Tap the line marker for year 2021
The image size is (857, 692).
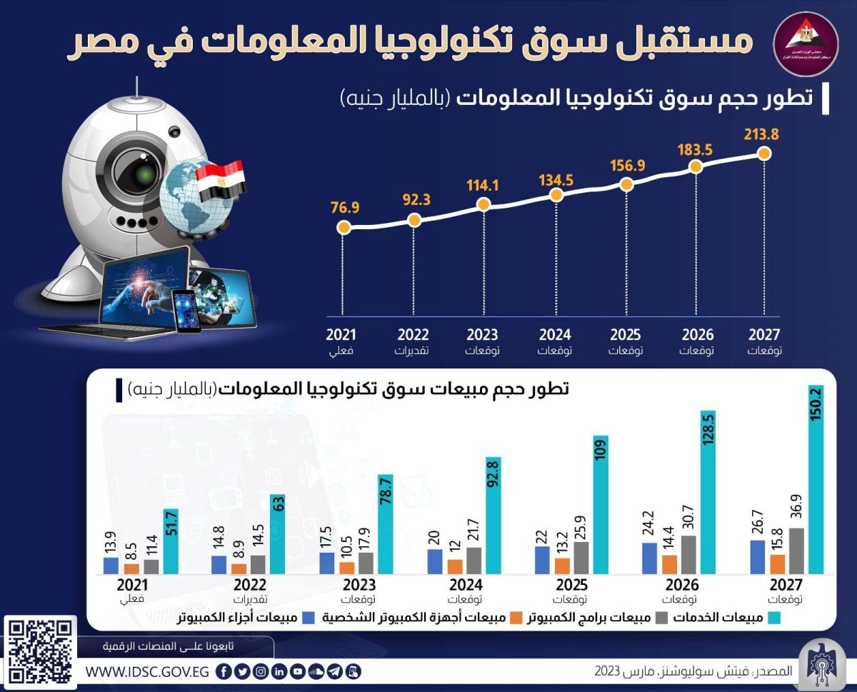click(344, 228)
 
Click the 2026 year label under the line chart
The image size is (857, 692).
click(697, 334)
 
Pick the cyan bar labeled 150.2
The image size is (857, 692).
click(816, 478)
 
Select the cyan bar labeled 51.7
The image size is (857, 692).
click(170, 541)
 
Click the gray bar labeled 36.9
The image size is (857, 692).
click(797, 550)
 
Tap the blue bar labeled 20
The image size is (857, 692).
click(435, 561)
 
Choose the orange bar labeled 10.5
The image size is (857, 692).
click(346, 567)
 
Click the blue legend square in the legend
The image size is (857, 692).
click(309, 617)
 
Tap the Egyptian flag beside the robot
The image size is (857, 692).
click(221, 181)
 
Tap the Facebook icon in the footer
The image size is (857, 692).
click(224, 672)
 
